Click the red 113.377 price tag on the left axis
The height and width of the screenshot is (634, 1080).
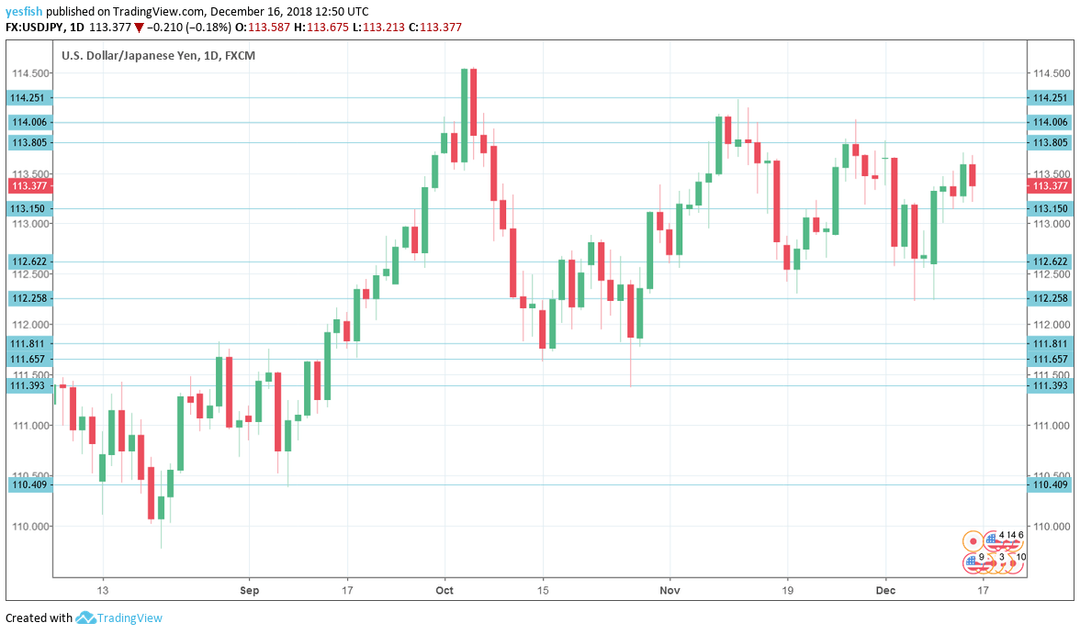coord(28,185)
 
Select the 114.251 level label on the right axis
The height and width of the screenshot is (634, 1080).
coord(1051,98)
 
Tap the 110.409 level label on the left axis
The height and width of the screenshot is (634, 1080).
coord(28,484)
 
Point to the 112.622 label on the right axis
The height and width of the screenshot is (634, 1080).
coord(1051,261)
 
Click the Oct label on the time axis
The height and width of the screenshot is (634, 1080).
coord(444,591)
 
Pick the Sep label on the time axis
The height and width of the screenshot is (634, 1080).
coord(248,591)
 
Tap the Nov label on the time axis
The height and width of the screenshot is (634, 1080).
coord(670,591)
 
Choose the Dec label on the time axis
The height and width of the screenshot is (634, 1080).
coord(885,591)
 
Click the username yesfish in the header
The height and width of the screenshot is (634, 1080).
coord(24,12)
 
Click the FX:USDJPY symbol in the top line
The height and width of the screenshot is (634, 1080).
coord(34,28)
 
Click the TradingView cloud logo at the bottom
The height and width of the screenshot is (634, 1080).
coord(86,618)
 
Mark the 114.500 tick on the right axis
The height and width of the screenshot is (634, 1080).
coord(1051,73)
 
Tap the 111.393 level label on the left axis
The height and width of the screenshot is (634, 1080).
coord(28,385)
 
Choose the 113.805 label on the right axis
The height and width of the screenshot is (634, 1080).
coord(1051,142)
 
